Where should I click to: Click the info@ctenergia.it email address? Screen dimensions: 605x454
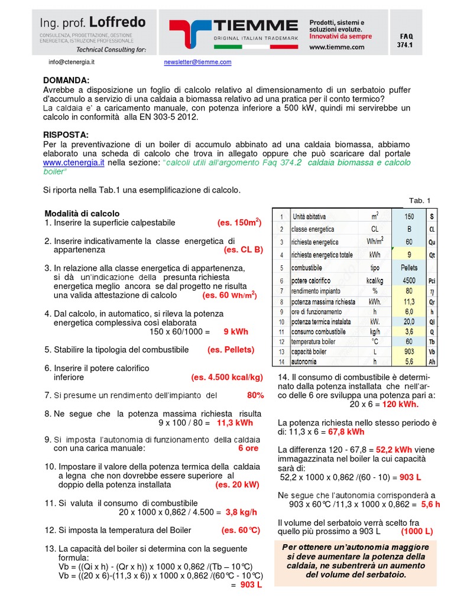click(72, 62)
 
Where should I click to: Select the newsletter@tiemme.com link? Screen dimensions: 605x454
click(197, 62)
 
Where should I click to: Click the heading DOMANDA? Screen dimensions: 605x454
click(66, 80)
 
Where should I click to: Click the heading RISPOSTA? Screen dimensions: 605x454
click(66, 135)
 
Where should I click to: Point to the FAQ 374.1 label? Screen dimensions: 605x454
click(405, 40)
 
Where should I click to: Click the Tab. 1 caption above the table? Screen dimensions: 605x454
click(420, 200)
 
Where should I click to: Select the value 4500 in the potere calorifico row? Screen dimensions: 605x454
click(408, 280)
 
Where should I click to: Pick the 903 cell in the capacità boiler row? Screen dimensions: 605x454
click(408, 352)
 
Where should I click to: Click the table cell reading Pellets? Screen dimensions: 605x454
click(408, 267)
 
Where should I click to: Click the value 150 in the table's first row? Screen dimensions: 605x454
click(408, 217)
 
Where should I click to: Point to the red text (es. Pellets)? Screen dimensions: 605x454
click(231, 350)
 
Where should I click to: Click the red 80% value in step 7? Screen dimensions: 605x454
click(255, 395)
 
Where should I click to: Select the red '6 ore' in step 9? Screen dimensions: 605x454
click(248, 448)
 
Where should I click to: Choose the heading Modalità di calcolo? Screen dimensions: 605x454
click(82, 213)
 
